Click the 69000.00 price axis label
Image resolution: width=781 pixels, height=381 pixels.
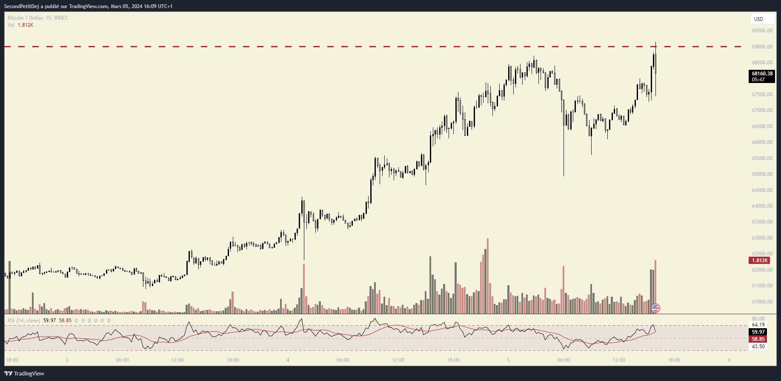click(x=762, y=47)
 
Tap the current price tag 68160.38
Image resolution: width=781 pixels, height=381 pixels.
click(x=762, y=74)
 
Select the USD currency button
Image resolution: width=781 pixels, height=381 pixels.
click(x=758, y=19)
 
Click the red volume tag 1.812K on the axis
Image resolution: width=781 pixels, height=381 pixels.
click(x=760, y=261)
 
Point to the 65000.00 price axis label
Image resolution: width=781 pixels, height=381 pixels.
click(x=762, y=174)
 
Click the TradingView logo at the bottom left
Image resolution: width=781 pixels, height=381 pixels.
click(x=24, y=373)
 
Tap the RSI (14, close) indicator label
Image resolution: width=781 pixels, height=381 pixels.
click(x=24, y=321)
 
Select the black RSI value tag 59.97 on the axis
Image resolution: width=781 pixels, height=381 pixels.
click(x=758, y=332)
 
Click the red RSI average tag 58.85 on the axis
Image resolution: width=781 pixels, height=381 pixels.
click(x=758, y=339)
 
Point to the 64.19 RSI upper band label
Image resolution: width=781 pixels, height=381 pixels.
click(x=758, y=325)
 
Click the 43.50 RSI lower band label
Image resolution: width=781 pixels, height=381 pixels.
click(x=758, y=347)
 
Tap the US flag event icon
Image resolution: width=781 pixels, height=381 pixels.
click(x=655, y=308)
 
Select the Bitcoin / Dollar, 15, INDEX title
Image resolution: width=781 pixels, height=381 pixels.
click(x=37, y=18)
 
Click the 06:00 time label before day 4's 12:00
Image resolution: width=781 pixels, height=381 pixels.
click(x=343, y=360)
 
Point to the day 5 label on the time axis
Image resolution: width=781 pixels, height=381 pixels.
click(x=508, y=360)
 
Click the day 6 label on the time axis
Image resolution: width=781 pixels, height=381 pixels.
click(x=729, y=360)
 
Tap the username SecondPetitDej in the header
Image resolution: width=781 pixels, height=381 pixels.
click(x=21, y=6)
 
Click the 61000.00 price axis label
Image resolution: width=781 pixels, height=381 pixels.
click(x=762, y=302)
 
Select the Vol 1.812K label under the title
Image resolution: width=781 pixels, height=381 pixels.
click(x=20, y=25)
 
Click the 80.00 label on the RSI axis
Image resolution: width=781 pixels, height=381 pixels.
click(x=758, y=319)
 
